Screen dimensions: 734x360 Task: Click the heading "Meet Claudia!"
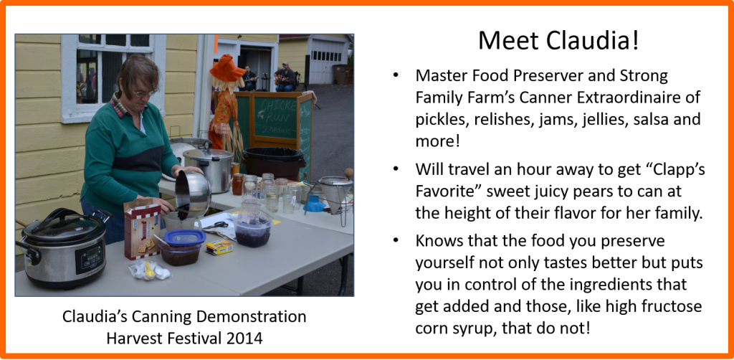click(558, 41)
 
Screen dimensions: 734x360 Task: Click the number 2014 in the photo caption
click(243, 338)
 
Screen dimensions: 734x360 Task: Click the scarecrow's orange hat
click(227, 67)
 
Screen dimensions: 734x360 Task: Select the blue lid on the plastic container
click(184, 237)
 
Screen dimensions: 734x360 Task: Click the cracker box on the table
click(143, 229)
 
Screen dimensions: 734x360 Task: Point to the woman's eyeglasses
click(143, 94)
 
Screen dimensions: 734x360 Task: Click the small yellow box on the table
click(219, 247)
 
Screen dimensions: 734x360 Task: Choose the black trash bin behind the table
click(275, 163)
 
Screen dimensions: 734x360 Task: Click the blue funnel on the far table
click(315, 203)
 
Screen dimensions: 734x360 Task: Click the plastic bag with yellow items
click(150, 270)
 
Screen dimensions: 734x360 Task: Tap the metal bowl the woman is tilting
click(193, 192)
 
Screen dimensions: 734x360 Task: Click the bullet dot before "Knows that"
click(396, 240)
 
